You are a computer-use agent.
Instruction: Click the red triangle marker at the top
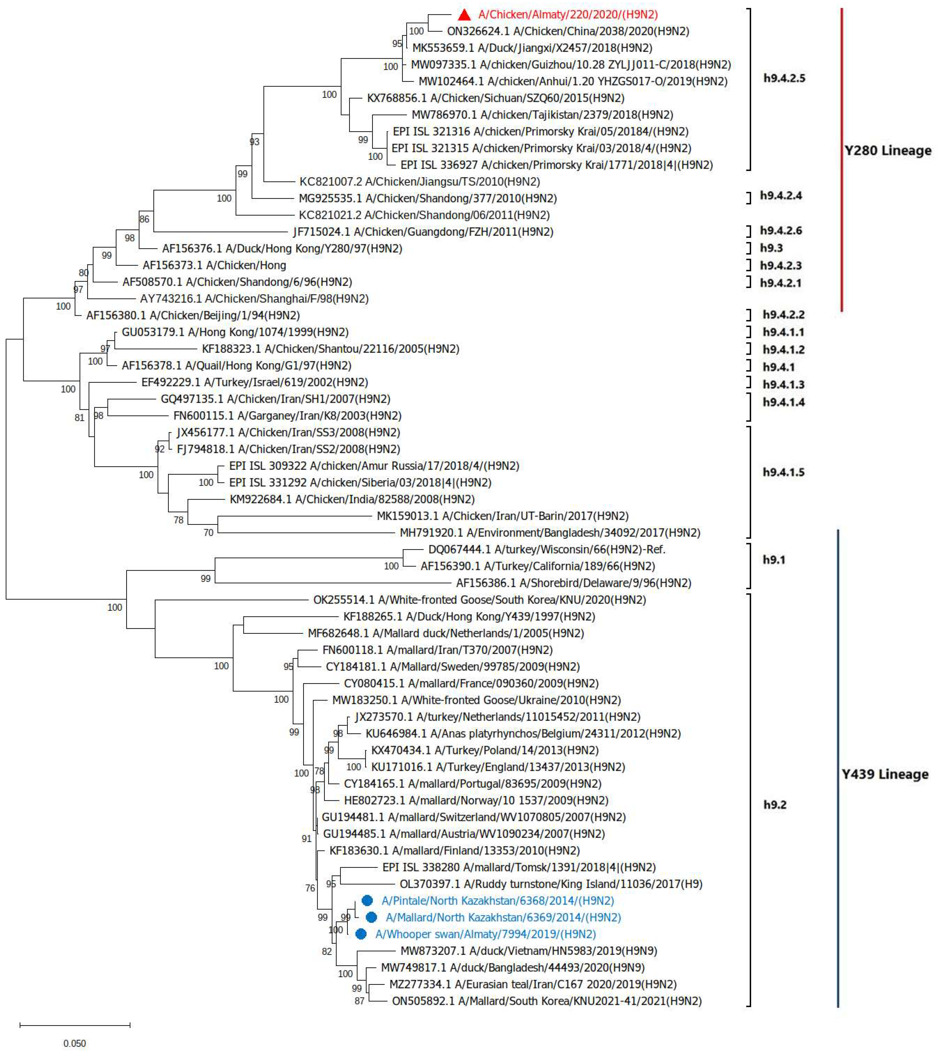click(x=464, y=15)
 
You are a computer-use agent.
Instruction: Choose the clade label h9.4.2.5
click(x=784, y=78)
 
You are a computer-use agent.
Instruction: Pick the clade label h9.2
click(x=775, y=805)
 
